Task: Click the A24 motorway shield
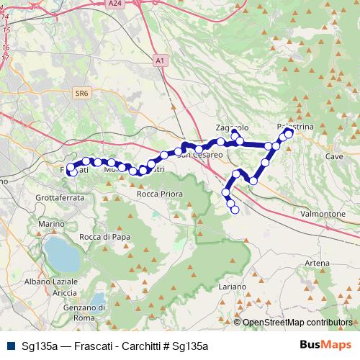click(x=114, y=4)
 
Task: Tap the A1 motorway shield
click(x=158, y=62)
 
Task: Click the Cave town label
click(x=334, y=156)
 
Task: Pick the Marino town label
click(x=52, y=224)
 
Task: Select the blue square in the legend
click(x=12, y=346)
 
